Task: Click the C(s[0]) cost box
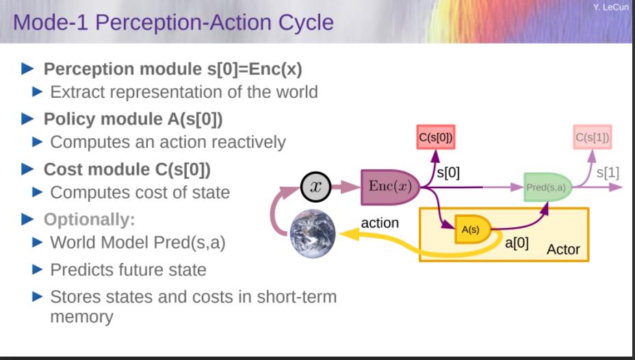(x=436, y=138)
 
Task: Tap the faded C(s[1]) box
(x=593, y=138)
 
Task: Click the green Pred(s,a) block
(x=547, y=187)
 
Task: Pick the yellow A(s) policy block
(x=473, y=229)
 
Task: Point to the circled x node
(x=316, y=187)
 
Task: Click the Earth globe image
(x=313, y=233)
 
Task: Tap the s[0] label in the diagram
(x=448, y=173)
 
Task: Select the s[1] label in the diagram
(x=608, y=173)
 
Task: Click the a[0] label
(x=517, y=243)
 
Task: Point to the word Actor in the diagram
(x=563, y=249)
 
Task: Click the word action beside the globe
(x=380, y=222)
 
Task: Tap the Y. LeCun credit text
(x=610, y=7)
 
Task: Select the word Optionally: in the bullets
(x=89, y=220)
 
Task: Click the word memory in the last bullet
(x=82, y=317)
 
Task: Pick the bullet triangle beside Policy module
(x=27, y=119)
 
